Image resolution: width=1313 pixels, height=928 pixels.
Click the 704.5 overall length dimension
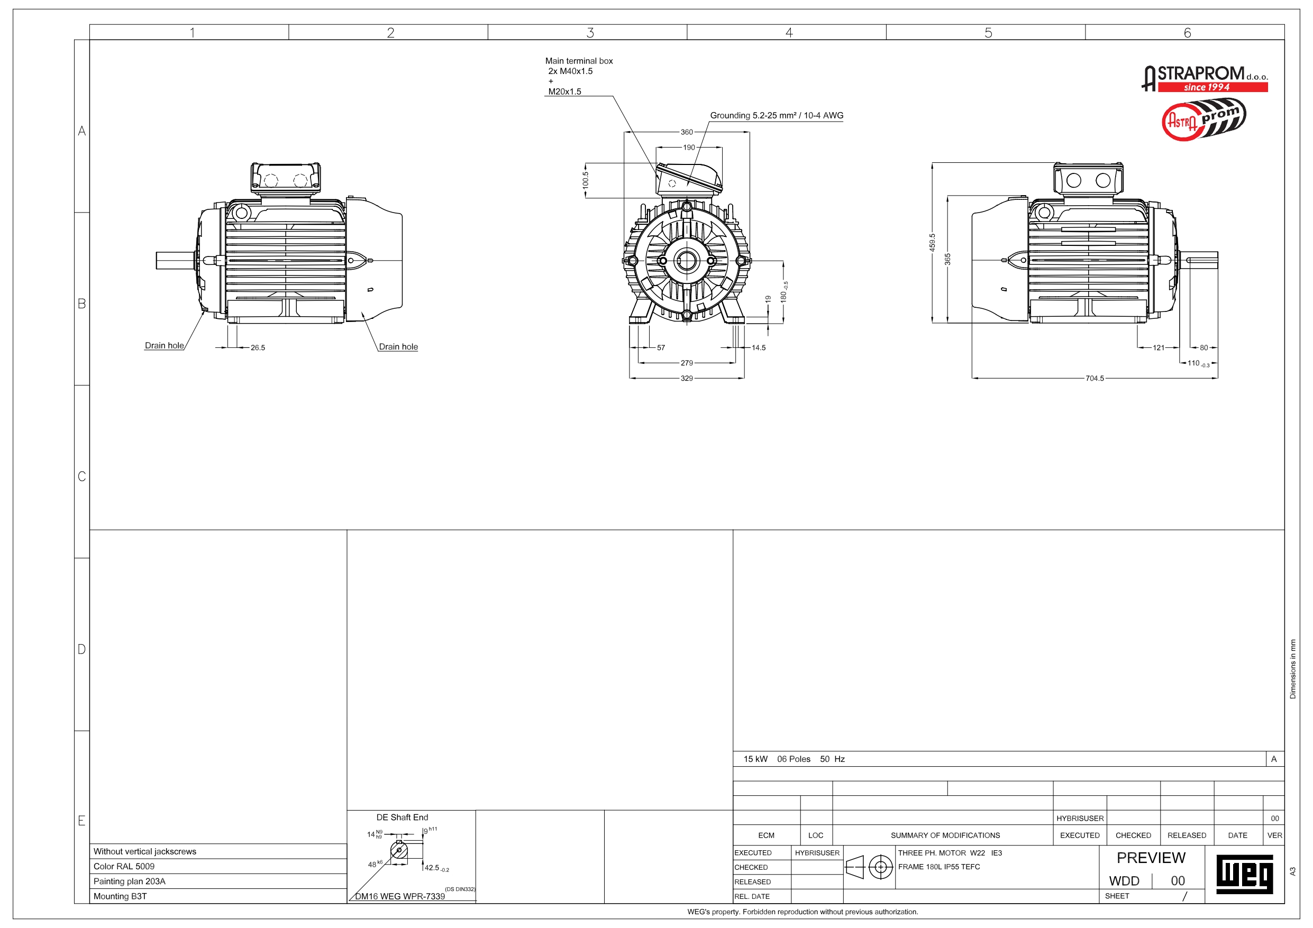coord(1095,379)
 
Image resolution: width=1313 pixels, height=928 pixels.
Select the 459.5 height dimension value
coord(932,242)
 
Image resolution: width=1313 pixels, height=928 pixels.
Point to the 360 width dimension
coord(687,132)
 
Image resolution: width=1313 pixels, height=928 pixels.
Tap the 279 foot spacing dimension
coord(687,363)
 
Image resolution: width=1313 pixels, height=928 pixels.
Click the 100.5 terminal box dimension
coord(586,181)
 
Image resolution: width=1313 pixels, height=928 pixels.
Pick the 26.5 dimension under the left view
coord(258,347)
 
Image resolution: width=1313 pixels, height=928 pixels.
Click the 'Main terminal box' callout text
coord(579,61)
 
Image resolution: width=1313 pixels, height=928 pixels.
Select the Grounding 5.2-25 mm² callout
coord(777,115)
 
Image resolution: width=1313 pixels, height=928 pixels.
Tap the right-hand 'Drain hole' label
coord(398,346)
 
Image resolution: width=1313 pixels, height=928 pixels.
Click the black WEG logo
coord(1244,874)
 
